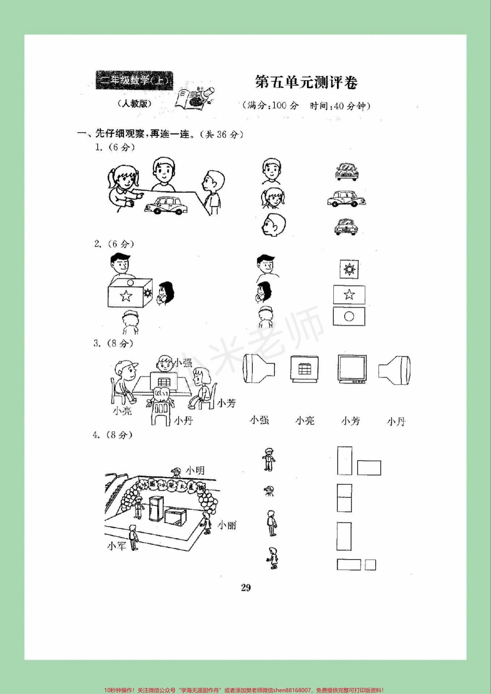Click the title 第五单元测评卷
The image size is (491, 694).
[306, 82]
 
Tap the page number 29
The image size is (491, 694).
[245, 588]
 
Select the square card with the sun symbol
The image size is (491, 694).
[349, 269]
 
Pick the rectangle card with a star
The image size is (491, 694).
[349, 294]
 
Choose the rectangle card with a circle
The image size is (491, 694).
[349, 316]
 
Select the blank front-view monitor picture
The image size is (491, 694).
[352, 369]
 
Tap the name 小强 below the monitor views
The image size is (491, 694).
[259, 420]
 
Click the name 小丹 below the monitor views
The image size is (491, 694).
[396, 421]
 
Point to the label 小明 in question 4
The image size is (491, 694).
[195, 470]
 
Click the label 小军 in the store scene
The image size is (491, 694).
[116, 545]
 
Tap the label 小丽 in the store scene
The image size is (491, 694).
[227, 525]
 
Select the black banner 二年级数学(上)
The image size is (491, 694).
[134, 81]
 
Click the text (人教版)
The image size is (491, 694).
[134, 103]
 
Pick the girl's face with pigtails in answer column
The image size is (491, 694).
[272, 198]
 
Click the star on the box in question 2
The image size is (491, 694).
[126, 296]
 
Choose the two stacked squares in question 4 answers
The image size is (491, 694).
[344, 498]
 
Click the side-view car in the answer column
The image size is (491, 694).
[346, 199]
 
